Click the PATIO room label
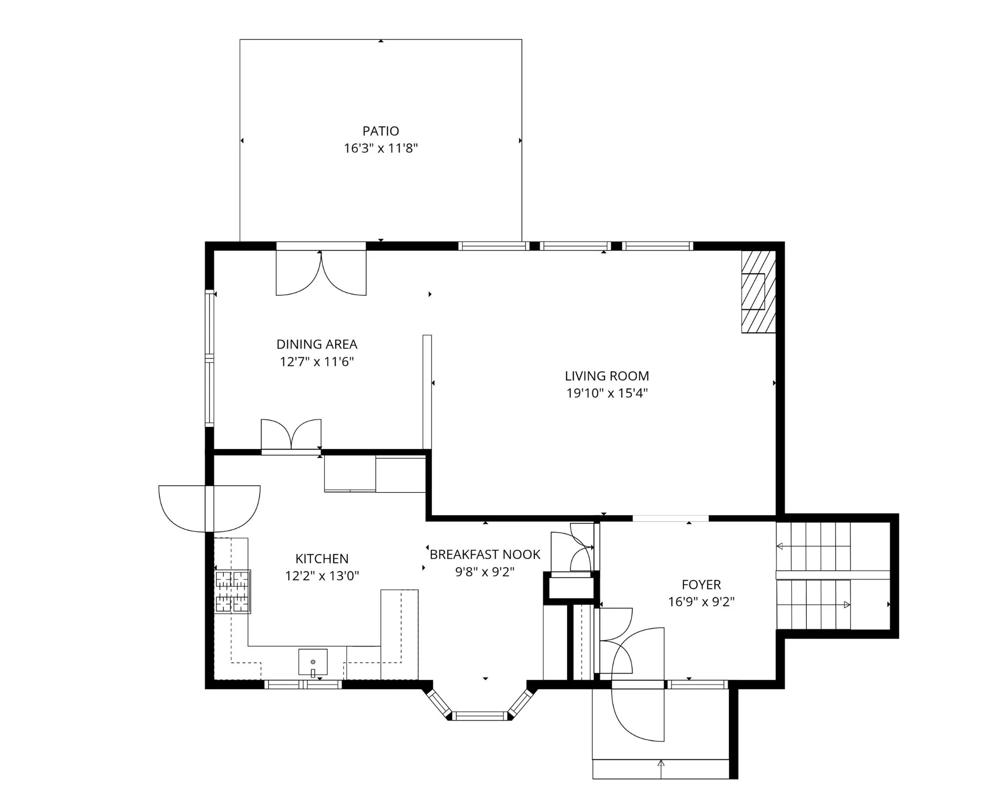[x=381, y=131]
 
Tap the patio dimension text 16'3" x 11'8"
[x=381, y=148]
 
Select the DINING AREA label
[x=317, y=344]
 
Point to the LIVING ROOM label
[x=607, y=376]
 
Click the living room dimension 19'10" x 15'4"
[x=607, y=393]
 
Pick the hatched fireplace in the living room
[x=758, y=292]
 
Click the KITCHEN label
[x=322, y=559]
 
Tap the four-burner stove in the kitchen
[x=232, y=591]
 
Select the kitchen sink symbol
[x=313, y=662]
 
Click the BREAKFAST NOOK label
[x=485, y=554]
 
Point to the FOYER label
[x=701, y=585]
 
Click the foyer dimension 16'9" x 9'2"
[x=701, y=602]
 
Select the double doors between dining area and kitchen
[x=291, y=435]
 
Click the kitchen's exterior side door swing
[x=209, y=509]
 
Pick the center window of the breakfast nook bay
[x=480, y=716]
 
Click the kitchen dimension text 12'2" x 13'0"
[x=322, y=576]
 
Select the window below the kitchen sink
[x=303, y=684]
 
